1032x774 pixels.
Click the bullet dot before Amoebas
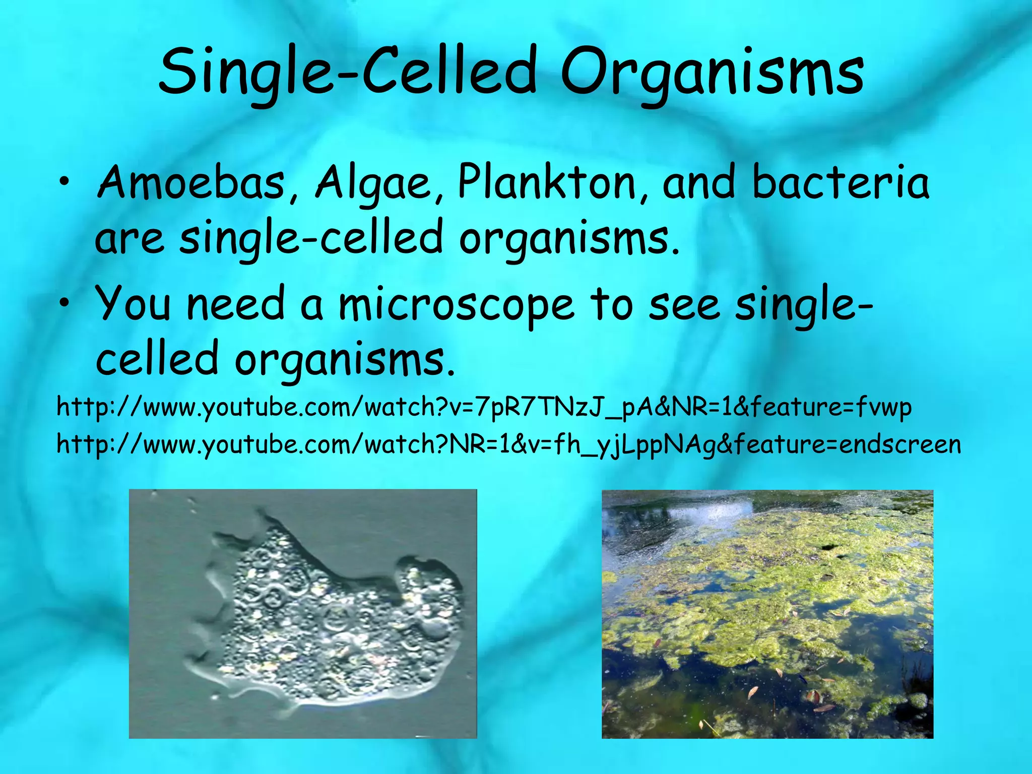[63, 182]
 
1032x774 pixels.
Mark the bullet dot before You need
[63, 304]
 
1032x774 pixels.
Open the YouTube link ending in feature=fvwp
[484, 407]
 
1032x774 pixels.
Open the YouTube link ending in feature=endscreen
[509, 445]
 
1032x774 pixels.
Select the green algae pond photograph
[767, 614]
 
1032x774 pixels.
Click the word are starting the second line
[130, 239]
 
